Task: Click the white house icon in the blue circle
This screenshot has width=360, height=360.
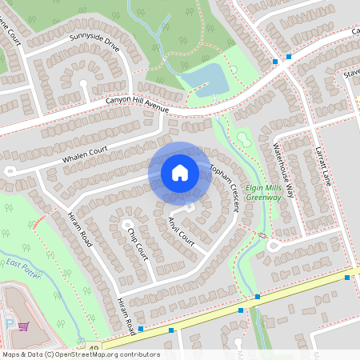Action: tap(180, 172)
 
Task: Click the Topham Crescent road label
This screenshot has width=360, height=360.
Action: tap(225, 184)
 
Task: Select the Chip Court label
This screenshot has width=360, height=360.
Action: tap(138, 242)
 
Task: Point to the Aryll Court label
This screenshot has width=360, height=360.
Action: tap(182, 230)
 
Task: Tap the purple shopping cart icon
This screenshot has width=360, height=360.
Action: tap(23, 326)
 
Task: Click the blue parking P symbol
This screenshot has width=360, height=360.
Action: tap(9, 323)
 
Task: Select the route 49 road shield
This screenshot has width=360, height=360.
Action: tap(94, 349)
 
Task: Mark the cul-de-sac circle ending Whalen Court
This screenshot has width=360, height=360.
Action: tap(10, 170)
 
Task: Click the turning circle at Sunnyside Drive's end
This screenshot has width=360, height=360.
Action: tap(83, 82)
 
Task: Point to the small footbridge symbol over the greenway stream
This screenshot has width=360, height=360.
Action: tap(262, 234)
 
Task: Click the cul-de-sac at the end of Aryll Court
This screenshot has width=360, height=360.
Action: tap(190, 208)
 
